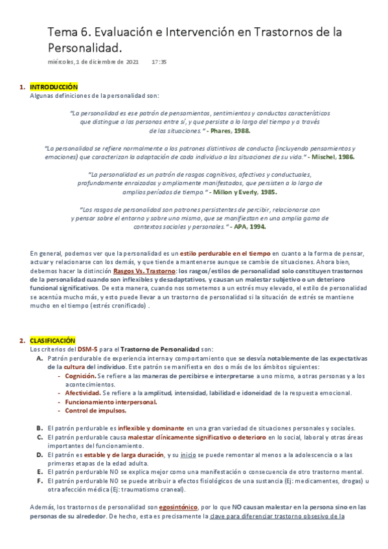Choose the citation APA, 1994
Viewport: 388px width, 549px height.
[248, 227]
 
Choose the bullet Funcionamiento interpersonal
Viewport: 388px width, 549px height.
[102, 401]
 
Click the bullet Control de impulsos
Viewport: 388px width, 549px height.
[95, 410]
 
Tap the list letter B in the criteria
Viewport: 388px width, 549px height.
[40, 428]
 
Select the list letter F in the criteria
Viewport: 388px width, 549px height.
[40, 480]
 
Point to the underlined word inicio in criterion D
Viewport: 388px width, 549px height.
[188, 454]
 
